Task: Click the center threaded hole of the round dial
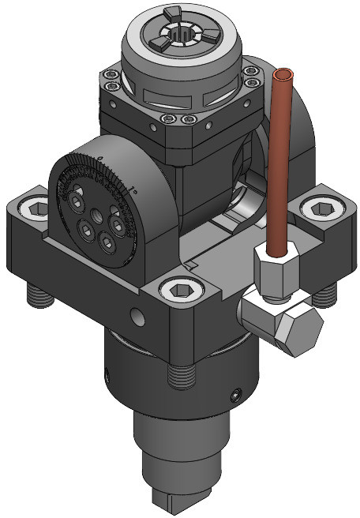click(96, 216)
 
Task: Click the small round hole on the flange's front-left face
click(138, 318)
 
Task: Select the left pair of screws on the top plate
click(111, 81)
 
